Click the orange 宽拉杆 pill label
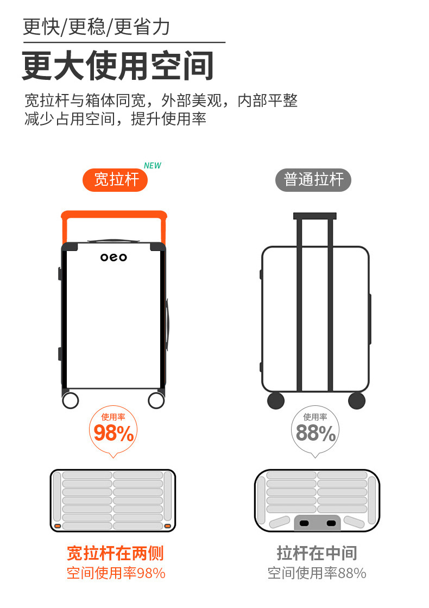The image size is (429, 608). pyautogui.click(x=115, y=180)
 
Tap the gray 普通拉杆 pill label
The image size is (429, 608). pyautogui.click(x=313, y=180)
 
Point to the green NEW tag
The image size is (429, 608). pyautogui.click(x=152, y=166)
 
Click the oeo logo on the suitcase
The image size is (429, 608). pyautogui.click(x=113, y=257)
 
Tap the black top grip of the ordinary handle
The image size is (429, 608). pyautogui.click(x=314, y=216)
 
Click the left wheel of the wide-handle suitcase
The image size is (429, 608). pyautogui.click(x=71, y=400)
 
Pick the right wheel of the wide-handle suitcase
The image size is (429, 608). pyautogui.click(x=156, y=400)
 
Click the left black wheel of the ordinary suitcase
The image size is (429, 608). pyautogui.click(x=276, y=400)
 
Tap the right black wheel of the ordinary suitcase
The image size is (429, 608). pyautogui.click(x=357, y=400)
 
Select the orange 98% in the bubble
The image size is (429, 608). pyautogui.click(x=113, y=433)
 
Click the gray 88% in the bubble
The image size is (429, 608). pyautogui.click(x=316, y=433)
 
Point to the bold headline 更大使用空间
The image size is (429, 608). pyautogui.click(x=118, y=65)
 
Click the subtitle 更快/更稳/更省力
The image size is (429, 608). pyautogui.click(x=97, y=27)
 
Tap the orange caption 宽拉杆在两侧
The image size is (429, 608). pyautogui.click(x=115, y=553)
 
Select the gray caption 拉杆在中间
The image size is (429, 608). pyautogui.click(x=317, y=553)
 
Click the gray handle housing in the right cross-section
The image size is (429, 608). pyautogui.click(x=317, y=523)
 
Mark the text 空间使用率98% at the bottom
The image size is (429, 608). pyautogui.click(x=116, y=573)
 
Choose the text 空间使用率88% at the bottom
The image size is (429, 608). pyautogui.click(x=317, y=573)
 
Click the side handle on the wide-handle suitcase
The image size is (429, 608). pyautogui.click(x=167, y=325)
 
